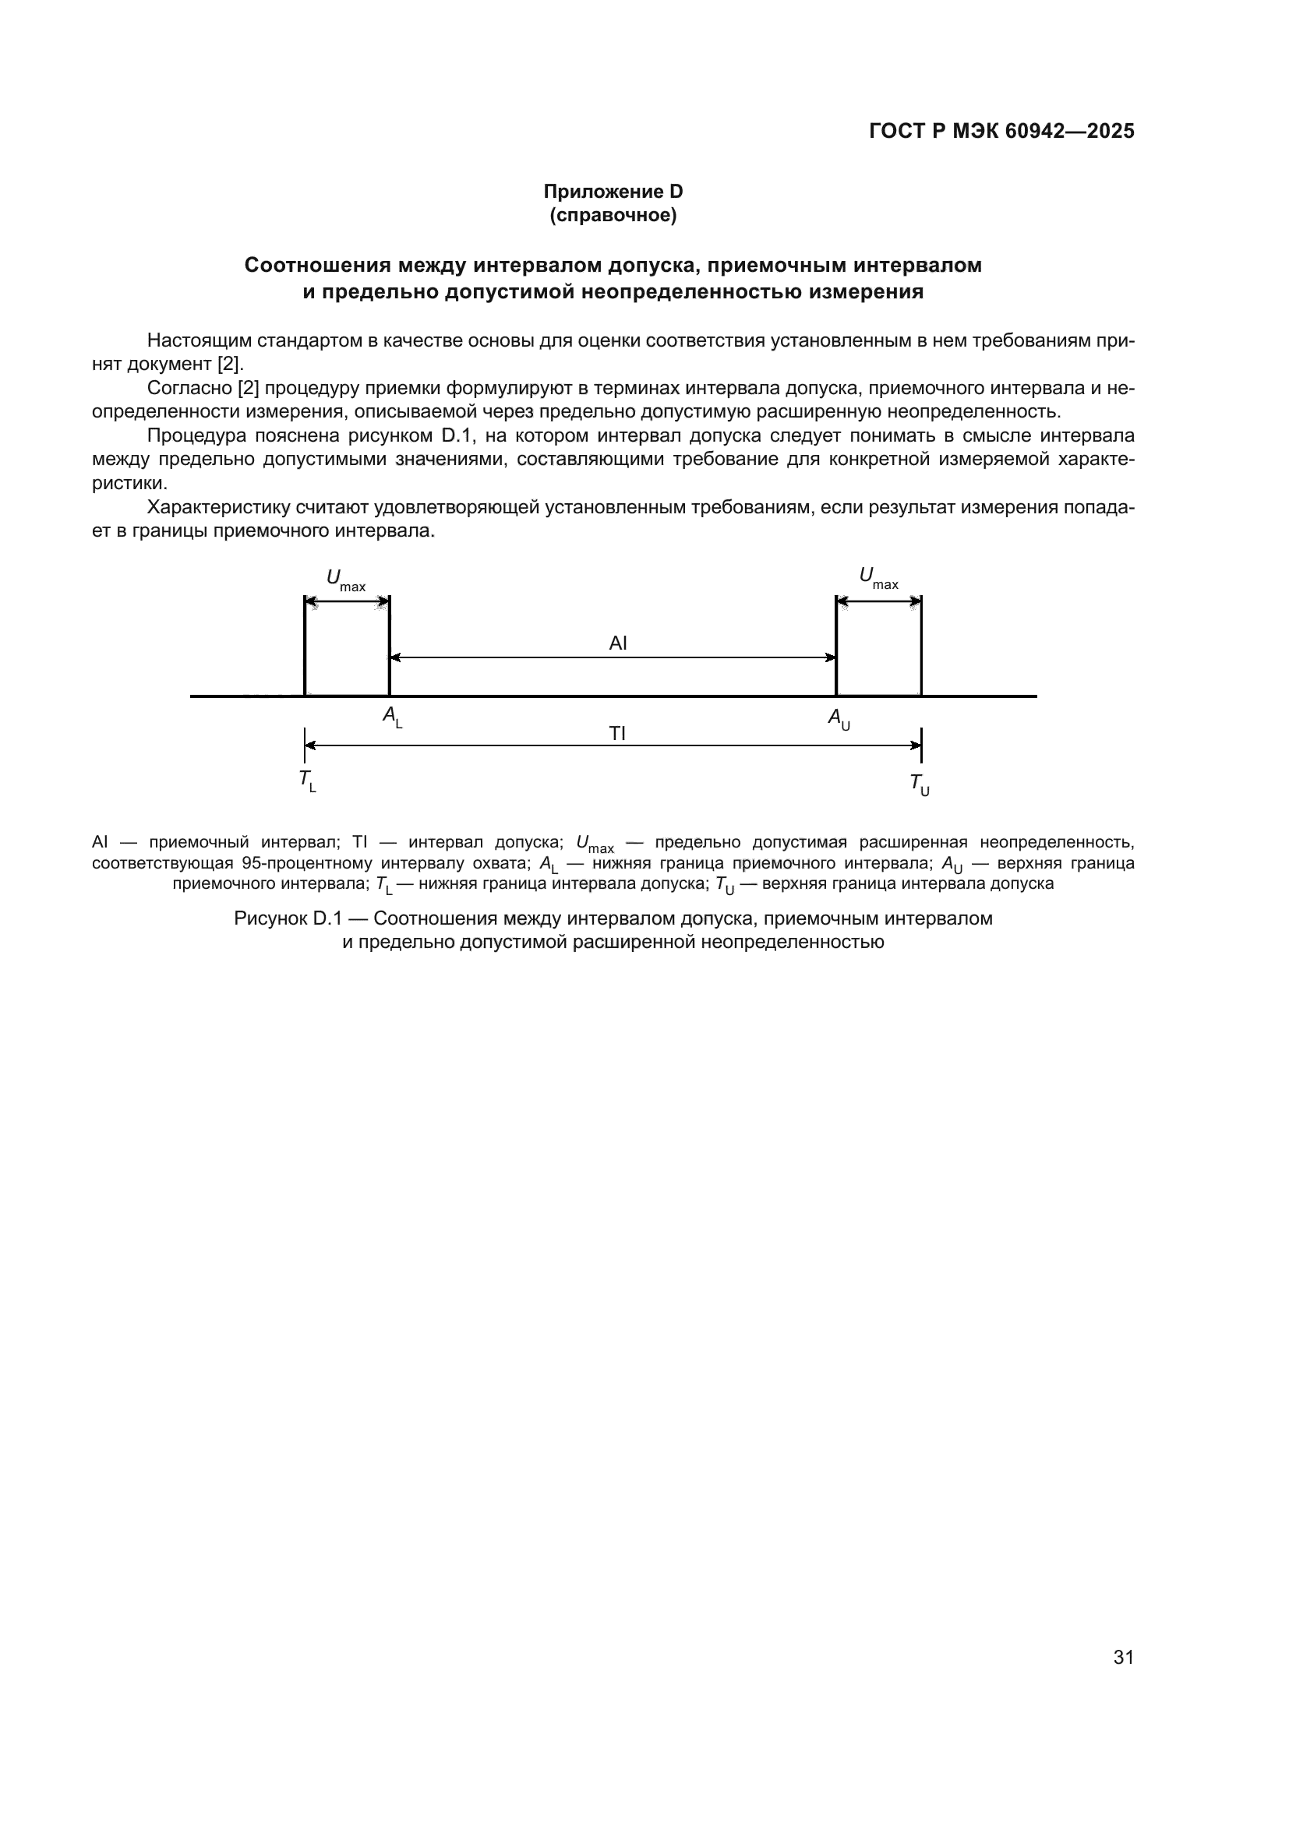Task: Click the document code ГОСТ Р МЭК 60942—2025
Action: (1001, 131)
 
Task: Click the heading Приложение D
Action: (613, 192)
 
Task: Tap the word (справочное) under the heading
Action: (613, 215)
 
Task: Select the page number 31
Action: (1123, 1657)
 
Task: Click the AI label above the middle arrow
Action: (617, 643)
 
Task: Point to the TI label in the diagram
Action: (617, 733)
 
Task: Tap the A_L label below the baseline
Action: (392, 716)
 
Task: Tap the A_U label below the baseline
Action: (839, 718)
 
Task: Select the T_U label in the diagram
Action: (919, 784)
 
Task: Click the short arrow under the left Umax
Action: (347, 602)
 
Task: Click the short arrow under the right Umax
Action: (878, 602)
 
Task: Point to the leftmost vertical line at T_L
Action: (305, 647)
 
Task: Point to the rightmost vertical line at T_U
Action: (920, 647)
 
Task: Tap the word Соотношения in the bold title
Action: (317, 265)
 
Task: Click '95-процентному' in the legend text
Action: (306, 862)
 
